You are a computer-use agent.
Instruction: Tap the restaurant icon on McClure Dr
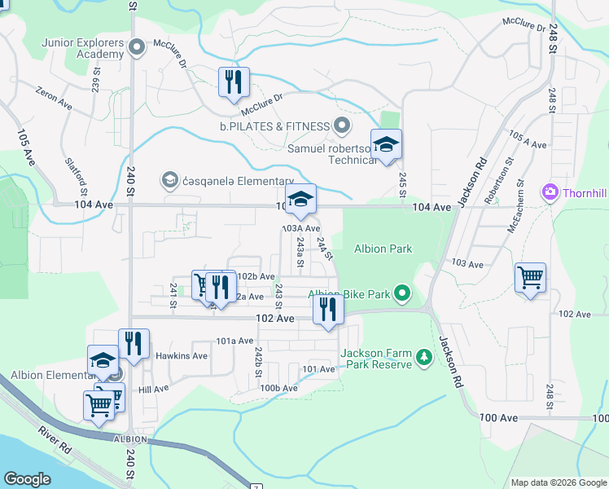tap(233, 82)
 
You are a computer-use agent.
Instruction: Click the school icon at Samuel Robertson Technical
tap(387, 146)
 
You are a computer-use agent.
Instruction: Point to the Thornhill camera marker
tap(550, 193)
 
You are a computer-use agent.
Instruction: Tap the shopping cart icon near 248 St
tap(530, 278)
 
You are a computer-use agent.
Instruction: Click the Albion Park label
tap(383, 249)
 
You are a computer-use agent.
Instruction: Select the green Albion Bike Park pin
tap(401, 293)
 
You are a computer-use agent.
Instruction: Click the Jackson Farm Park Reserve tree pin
tap(423, 357)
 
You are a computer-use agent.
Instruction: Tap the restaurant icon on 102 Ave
tap(328, 310)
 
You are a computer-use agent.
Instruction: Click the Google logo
tap(27, 479)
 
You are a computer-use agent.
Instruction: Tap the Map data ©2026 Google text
tap(558, 482)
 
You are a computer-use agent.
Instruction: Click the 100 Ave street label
tap(498, 417)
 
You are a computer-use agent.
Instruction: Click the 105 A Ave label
tap(527, 139)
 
